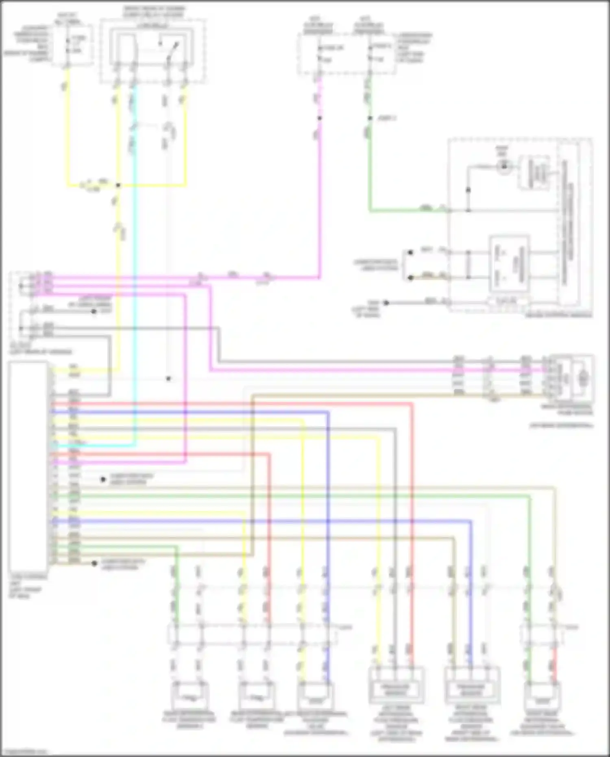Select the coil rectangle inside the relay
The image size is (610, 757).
tap(127, 46)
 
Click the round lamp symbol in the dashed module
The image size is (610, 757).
tap(504, 166)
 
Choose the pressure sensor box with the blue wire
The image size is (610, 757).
tap(472, 687)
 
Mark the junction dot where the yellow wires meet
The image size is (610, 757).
tap(118, 185)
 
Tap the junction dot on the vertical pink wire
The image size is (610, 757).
tap(320, 118)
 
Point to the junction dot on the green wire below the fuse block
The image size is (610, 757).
tap(370, 118)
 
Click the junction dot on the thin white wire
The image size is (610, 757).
tap(168, 379)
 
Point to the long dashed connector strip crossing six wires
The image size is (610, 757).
tap(252, 635)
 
